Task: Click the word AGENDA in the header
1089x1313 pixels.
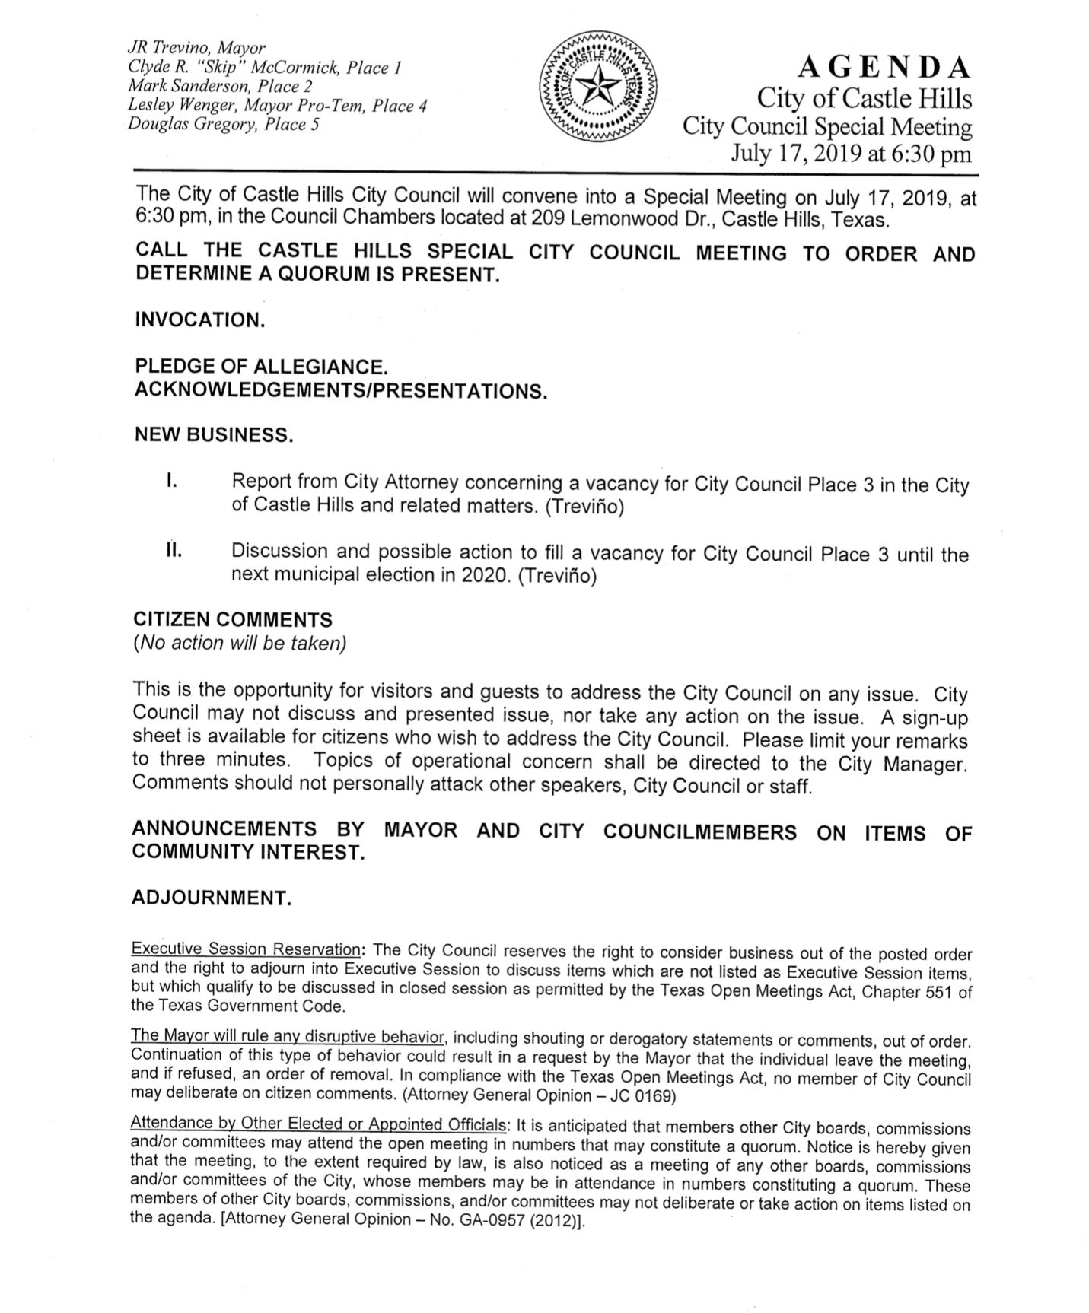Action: [884, 68]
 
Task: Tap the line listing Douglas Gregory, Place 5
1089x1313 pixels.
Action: [223, 124]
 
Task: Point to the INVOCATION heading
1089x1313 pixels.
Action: [200, 320]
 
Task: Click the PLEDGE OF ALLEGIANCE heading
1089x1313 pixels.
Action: [261, 367]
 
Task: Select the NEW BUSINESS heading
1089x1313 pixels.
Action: [213, 435]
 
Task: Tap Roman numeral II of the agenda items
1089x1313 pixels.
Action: [174, 550]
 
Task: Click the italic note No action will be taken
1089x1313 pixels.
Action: [240, 644]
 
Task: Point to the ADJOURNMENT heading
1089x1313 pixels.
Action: [212, 898]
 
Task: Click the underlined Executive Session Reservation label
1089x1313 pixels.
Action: [246, 949]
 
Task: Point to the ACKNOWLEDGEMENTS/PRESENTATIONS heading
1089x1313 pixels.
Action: [341, 391]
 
